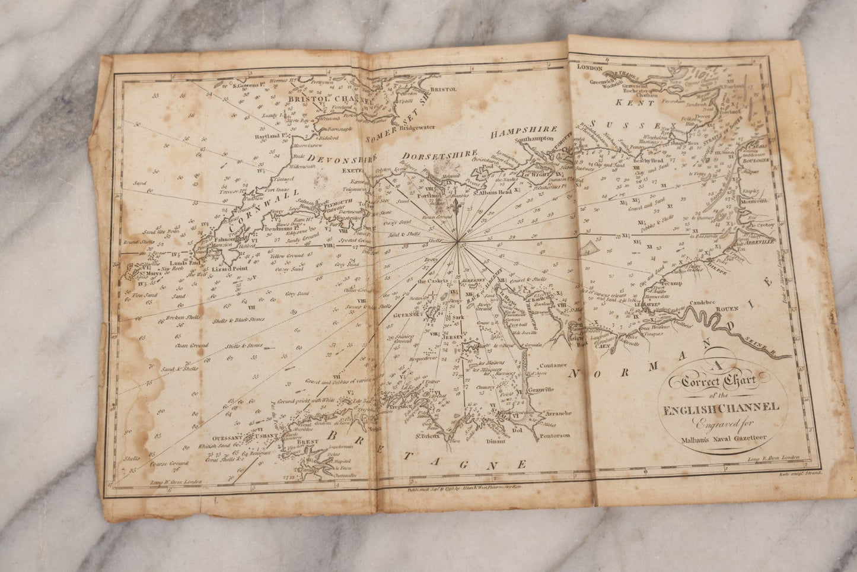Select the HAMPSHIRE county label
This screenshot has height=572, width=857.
pyautogui.click(x=524, y=130)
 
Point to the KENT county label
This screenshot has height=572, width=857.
pyautogui.click(x=635, y=103)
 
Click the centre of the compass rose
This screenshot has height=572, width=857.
pyautogui.click(x=457, y=240)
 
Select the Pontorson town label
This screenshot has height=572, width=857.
pyautogui.click(x=555, y=436)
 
